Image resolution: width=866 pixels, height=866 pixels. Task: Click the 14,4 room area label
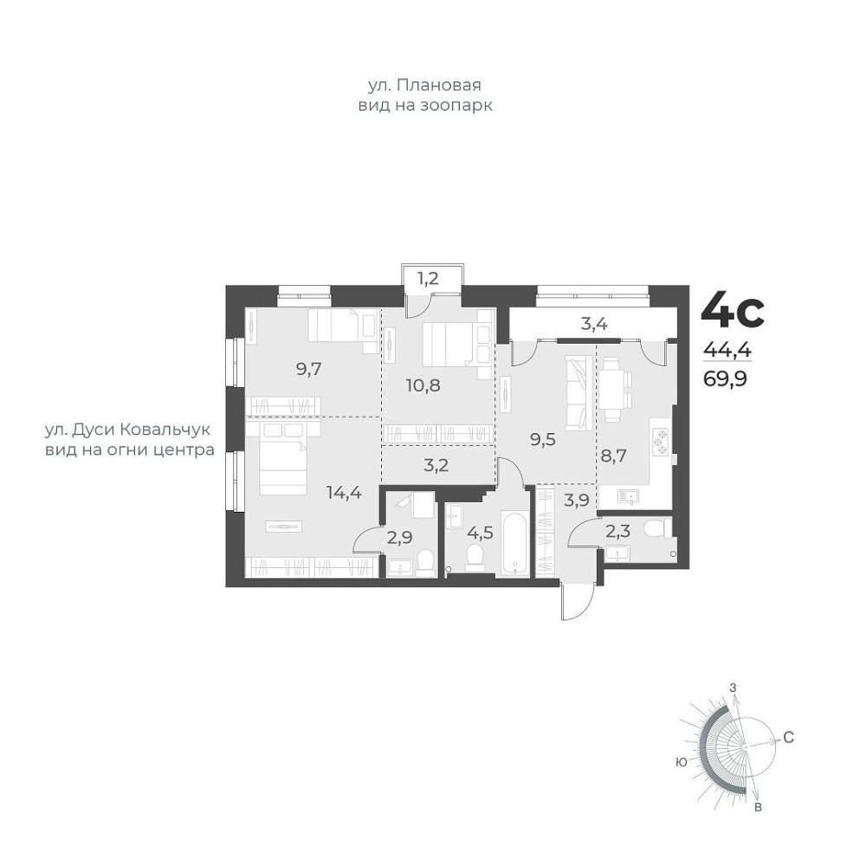344,492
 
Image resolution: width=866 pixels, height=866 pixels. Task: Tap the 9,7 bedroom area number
309,370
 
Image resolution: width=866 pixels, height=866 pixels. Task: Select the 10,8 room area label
423,385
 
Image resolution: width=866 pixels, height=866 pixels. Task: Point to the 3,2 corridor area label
436,465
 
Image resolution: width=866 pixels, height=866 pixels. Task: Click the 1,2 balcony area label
428,278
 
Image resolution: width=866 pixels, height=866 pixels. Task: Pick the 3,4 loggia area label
594,324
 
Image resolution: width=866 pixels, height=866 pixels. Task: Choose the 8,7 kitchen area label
614,456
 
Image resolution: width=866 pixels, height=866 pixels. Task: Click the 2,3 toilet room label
618,532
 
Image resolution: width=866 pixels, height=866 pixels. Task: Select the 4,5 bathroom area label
480,534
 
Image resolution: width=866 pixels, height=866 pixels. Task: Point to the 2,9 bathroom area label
400,537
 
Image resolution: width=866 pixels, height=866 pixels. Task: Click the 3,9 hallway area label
577,501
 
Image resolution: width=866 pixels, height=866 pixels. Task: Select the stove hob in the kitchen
661,443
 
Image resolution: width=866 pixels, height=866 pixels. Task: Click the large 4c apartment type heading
733,312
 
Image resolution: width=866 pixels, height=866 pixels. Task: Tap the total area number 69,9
725,379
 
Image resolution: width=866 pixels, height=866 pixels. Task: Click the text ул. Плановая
424,85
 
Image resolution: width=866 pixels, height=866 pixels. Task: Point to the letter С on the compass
788,737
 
